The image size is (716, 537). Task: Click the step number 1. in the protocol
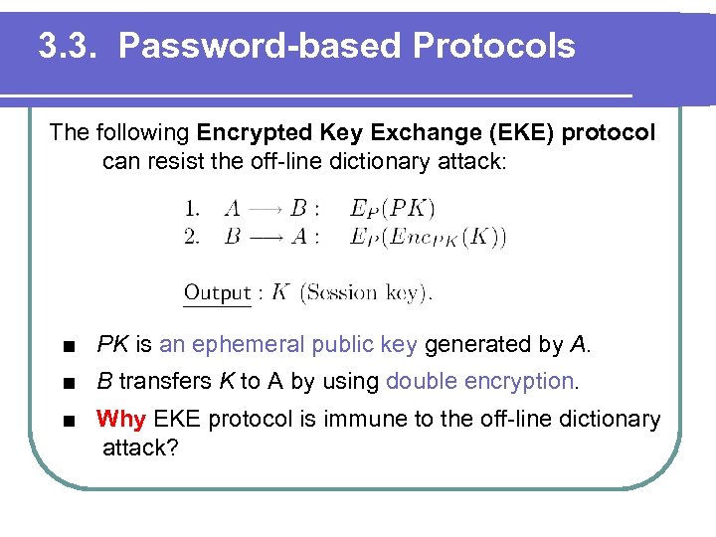point(192,209)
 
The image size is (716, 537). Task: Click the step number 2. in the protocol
point(192,237)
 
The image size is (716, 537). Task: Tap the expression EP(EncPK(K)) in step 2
point(429,237)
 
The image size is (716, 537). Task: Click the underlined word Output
point(217,292)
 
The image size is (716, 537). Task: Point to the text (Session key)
point(366,292)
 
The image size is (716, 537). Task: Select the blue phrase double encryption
point(479,381)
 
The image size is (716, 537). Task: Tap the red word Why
point(120,419)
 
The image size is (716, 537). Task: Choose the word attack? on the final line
point(140,447)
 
